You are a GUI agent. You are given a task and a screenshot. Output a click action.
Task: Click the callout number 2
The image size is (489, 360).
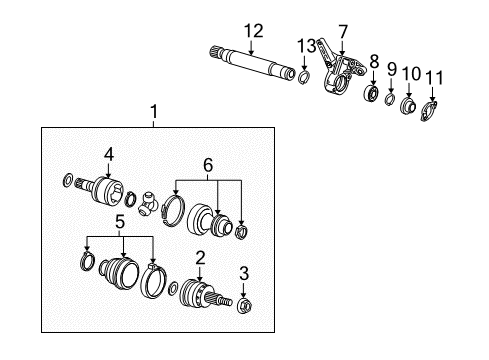[x=200, y=258]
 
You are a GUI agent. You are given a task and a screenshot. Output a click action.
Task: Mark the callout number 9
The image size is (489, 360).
[x=392, y=69]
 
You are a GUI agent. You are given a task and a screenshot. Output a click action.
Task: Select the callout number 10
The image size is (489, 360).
[x=410, y=74]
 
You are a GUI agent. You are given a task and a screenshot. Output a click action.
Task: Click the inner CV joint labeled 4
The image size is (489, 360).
[x=103, y=186]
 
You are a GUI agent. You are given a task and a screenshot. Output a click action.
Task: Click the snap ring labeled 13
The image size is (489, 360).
[x=304, y=75]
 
